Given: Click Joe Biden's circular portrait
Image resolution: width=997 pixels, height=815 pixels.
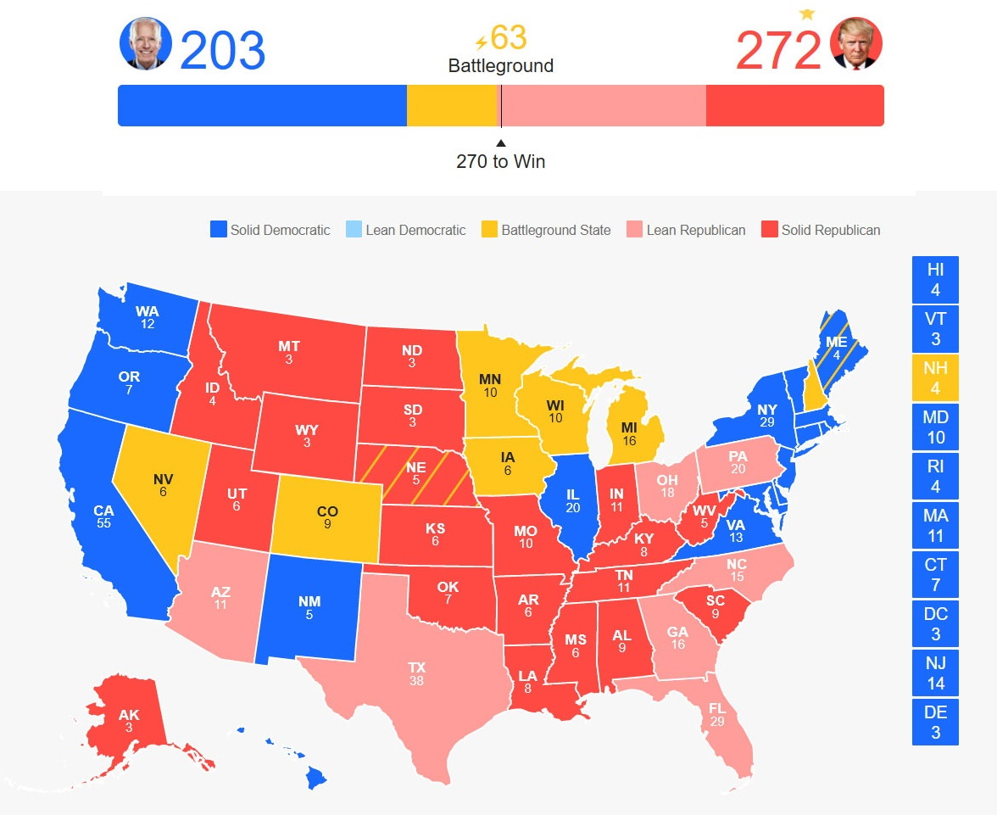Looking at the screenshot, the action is pyautogui.click(x=145, y=44).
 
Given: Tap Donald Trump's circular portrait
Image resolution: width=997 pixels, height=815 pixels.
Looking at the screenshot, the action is pyautogui.click(x=857, y=44).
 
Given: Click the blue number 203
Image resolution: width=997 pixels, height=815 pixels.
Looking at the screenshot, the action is pyautogui.click(x=222, y=51).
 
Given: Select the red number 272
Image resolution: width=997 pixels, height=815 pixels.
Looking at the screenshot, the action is pyautogui.click(x=778, y=51).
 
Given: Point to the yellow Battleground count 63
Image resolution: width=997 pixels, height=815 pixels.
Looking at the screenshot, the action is pyautogui.click(x=508, y=37).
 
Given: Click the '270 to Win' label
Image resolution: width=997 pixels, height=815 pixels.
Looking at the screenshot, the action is pyautogui.click(x=500, y=161).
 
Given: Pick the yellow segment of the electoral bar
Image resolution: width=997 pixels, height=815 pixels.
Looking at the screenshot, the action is pyautogui.click(x=450, y=105).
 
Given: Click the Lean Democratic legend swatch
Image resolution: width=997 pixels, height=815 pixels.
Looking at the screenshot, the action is pyautogui.click(x=354, y=230).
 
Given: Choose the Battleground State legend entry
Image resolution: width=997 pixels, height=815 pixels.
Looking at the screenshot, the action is pyautogui.click(x=546, y=230).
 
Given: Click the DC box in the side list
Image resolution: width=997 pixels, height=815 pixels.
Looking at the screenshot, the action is pyautogui.click(x=935, y=624).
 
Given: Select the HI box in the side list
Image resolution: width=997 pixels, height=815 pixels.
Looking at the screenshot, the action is pyautogui.click(x=935, y=280).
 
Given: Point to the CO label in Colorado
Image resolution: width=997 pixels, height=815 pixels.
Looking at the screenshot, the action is pyautogui.click(x=327, y=511).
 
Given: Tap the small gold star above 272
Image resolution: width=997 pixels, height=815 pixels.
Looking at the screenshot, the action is pyautogui.click(x=806, y=14).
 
